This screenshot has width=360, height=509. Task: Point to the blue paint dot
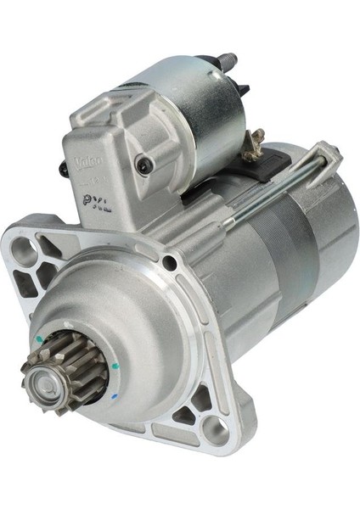point(115,396)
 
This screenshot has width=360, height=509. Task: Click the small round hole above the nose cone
point(172,265)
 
